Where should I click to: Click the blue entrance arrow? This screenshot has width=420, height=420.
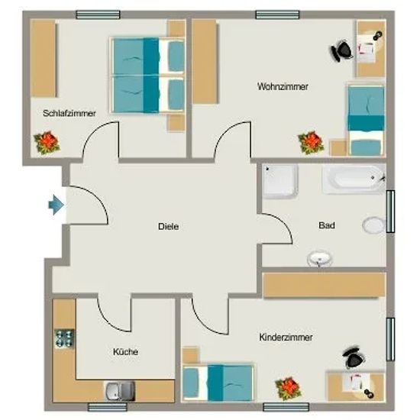[57, 205]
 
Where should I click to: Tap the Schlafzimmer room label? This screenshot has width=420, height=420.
[69, 113]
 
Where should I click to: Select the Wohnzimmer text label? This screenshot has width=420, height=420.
[283, 86]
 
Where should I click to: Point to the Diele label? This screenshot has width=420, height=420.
[169, 226]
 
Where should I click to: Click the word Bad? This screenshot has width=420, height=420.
[327, 225]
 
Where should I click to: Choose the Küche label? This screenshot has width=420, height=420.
[125, 351]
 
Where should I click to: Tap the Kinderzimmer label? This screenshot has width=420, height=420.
[286, 337]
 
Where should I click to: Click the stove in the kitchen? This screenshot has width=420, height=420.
[64, 338]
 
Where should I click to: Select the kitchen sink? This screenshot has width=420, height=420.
[120, 391]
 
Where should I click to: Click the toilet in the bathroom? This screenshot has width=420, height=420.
[374, 225]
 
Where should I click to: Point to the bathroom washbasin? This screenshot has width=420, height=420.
[319, 259]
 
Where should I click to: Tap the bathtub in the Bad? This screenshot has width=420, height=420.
[354, 179]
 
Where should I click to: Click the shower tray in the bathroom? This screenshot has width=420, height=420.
[280, 182]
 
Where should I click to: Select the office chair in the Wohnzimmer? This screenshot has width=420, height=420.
[341, 50]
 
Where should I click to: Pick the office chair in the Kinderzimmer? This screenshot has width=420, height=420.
[354, 357]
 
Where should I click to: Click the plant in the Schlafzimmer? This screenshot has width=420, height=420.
[47, 142]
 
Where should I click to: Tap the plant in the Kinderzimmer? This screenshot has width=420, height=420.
[288, 389]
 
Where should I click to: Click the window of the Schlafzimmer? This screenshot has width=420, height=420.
[98, 15]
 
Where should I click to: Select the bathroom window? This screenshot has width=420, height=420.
[390, 211]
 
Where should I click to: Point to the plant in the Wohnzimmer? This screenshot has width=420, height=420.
[311, 143]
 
